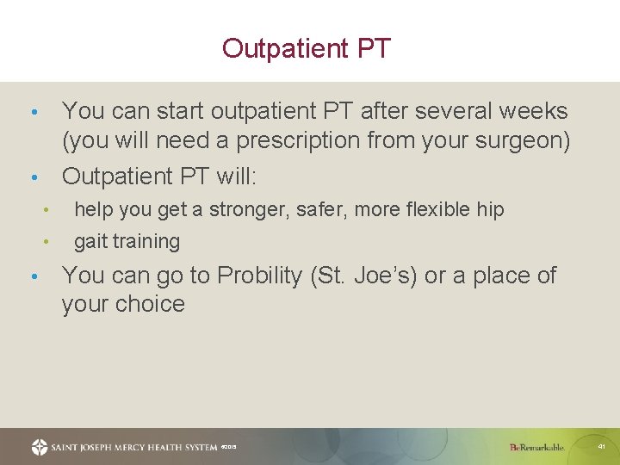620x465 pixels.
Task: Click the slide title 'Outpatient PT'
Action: click(307, 48)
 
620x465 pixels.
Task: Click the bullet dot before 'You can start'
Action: click(33, 113)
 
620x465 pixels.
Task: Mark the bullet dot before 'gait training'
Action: click(48, 242)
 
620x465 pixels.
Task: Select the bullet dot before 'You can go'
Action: click(33, 276)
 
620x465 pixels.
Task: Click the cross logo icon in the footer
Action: click(40, 447)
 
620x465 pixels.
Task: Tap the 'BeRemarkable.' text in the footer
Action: click(536, 447)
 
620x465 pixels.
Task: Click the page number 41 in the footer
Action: click(601, 447)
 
